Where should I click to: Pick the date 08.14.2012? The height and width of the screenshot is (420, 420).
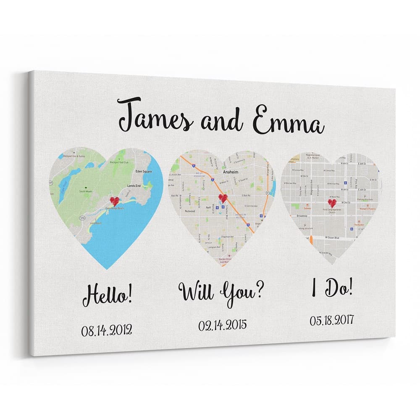coord(106,330)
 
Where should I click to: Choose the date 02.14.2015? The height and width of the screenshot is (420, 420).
coord(223,325)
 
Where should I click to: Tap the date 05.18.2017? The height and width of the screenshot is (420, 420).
coord(332,320)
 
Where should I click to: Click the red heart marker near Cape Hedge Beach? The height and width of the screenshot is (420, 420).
coord(114,200)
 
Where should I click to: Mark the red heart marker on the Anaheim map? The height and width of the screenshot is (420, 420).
coord(223,198)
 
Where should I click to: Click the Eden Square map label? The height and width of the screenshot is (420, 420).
coord(144,171)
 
